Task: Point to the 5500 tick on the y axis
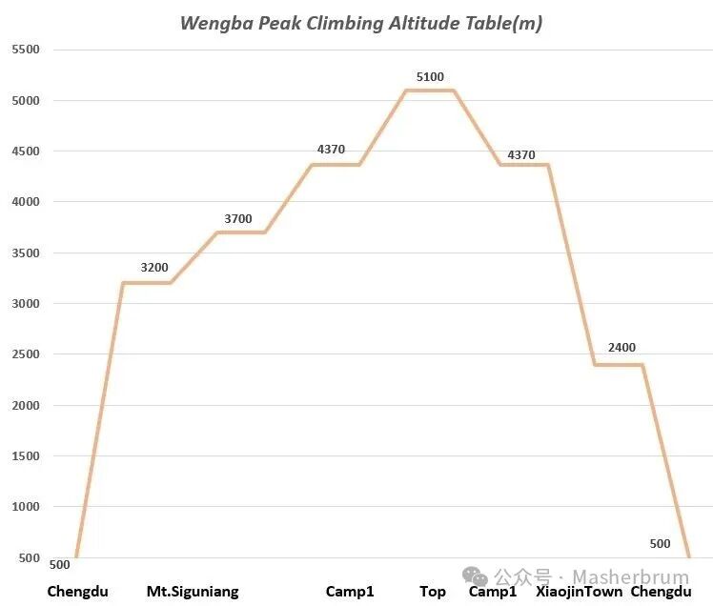pos(25,50)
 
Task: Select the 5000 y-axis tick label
pos(25,100)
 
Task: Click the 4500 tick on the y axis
pos(25,151)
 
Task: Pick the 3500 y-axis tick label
pos(25,252)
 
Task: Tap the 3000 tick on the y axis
pos(25,303)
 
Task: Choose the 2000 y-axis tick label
pos(25,405)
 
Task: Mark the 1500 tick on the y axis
pos(25,455)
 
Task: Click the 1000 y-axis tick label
pos(25,506)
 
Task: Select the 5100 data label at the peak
pos(430,77)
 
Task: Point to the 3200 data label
pos(154,268)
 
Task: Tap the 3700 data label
pos(238,219)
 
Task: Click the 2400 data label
pos(621,348)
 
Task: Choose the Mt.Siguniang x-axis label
pos(193,592)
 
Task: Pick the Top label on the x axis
pos(433,592)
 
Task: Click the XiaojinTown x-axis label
pos(580,592)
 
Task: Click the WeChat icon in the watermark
pos(475,576)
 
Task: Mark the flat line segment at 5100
pos(430,91)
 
